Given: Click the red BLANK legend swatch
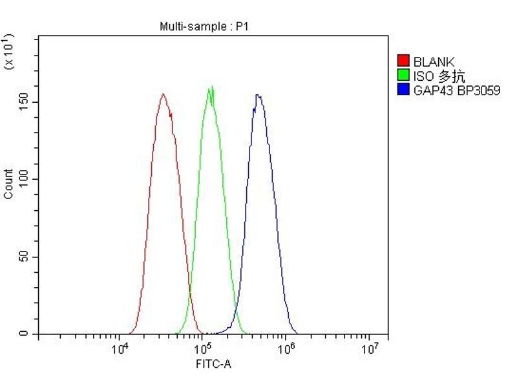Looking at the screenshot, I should pyautogui.click(x=403, y=62).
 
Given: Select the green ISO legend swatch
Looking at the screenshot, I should pyautogui.click(x=403, y=76).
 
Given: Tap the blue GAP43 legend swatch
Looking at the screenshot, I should pyautogui.click(x=403, y=91).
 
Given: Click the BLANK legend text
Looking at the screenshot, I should pyautogui.click(x=434, y=62).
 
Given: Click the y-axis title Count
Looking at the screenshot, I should pyautogui.click(x=8, y=184).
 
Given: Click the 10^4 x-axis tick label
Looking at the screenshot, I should pyautogui.click(x=120, y=350).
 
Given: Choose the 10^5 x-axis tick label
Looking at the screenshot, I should pyautogui.click(x=203, y=350).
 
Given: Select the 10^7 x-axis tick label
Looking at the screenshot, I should pyautogui.click(x=369, y=350).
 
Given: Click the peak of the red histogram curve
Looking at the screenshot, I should pyautogui.click(x=163, y=94).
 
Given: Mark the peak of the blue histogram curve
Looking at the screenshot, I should pyautogui.click(x=258, y=94).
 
